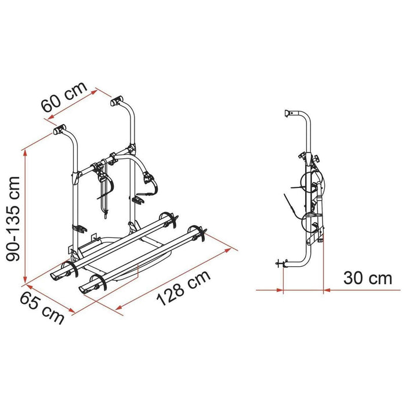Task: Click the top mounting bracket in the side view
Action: [290, 113]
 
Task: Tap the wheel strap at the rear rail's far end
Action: [169, 218]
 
